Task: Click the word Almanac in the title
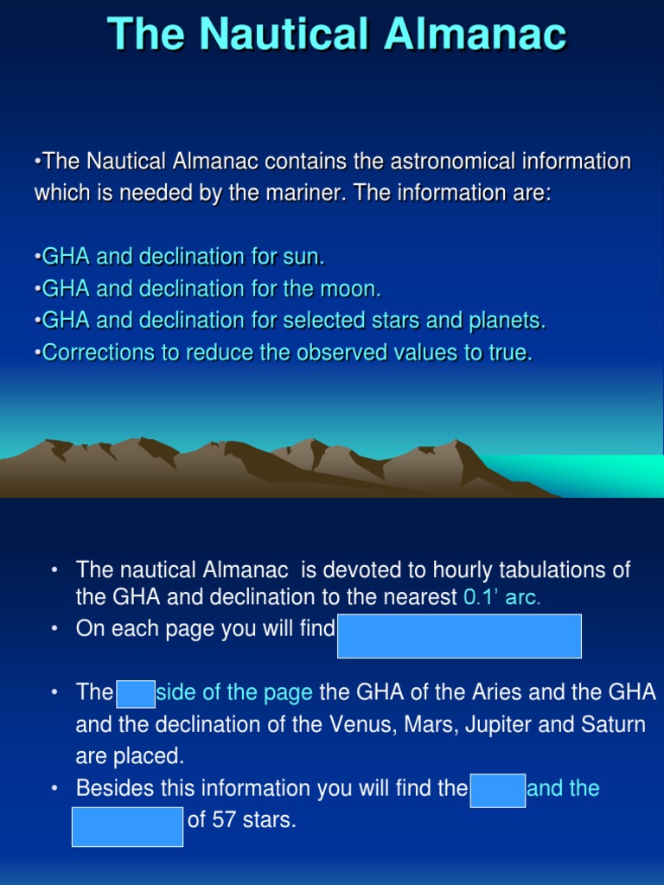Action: [476, 35]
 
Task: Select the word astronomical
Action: [450, 162]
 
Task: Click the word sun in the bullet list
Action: [306, 257]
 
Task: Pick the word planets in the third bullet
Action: [510, 321]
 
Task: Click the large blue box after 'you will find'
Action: [459, 636]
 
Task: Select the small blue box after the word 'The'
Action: [135, 693]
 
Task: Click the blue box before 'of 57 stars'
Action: [127, 827]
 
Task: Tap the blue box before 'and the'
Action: [497, 790]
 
